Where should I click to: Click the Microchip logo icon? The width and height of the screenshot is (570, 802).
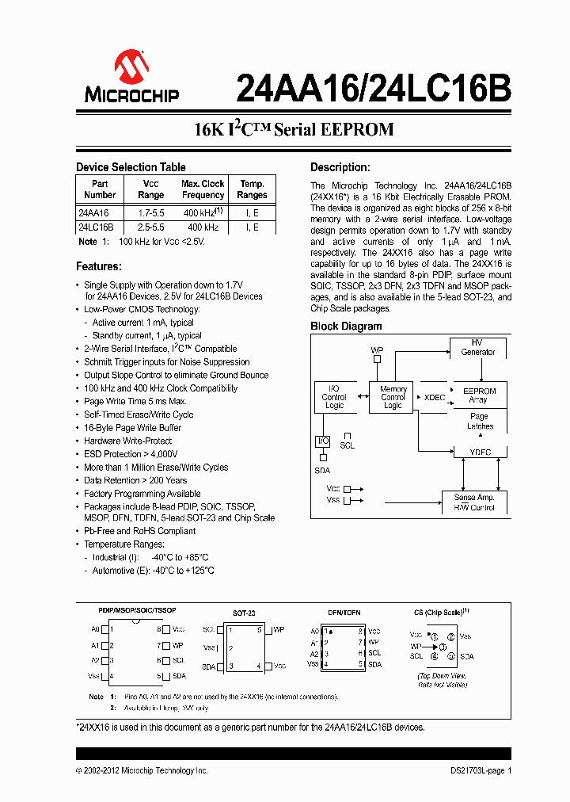pos(131,67)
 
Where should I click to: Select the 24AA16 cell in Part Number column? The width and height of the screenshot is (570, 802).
pos(94,213)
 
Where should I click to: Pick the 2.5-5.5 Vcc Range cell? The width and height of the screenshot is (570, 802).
pos(150,227)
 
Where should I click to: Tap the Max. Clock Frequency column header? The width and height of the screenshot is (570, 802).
pos(203,189)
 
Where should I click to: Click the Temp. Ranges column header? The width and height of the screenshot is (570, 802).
pos(252,189)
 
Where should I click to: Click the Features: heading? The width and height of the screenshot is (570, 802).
pos(98,266)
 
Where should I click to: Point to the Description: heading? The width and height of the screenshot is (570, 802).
pos(340,167)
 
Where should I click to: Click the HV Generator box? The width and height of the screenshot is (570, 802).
pos(478,347)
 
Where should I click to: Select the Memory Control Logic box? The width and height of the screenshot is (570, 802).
pos(393,397)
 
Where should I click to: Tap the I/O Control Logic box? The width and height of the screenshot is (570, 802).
pos(334,397)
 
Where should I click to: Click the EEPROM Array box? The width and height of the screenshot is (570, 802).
pos(478,395)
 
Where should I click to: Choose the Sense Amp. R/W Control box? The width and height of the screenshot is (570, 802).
pos(474,502)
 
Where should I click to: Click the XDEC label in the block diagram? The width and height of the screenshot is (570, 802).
pos(435,397)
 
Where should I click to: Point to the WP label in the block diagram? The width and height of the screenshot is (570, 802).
pos(377,349)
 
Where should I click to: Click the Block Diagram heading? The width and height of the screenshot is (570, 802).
pos(346,326)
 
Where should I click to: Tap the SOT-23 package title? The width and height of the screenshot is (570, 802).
pos(244,613)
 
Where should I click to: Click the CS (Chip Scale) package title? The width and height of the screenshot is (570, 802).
pos(441,612)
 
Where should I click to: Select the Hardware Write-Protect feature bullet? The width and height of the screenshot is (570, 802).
pos(127,441)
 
